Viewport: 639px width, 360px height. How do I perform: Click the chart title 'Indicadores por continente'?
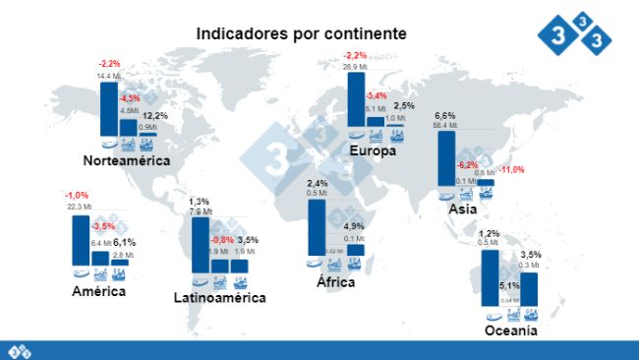(301, 33)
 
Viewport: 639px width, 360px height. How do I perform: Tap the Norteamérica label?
(127, 160)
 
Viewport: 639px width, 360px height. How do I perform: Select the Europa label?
(373, 151)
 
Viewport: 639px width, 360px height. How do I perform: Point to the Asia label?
(463, 210)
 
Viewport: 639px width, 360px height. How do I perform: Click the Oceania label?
(510, 331)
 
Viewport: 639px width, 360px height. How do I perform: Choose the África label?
(330, 282)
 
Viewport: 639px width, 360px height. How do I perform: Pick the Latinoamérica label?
(219, 297)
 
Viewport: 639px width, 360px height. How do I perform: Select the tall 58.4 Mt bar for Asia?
(446, 157)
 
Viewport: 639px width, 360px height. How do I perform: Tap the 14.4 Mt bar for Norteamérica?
(108, 108)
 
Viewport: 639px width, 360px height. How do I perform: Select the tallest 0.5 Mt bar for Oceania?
(492, 277)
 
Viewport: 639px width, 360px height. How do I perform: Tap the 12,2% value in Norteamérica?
(155, 115)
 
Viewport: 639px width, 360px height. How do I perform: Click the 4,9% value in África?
(355, 226)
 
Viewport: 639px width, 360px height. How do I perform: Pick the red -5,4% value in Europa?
(376, 95)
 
